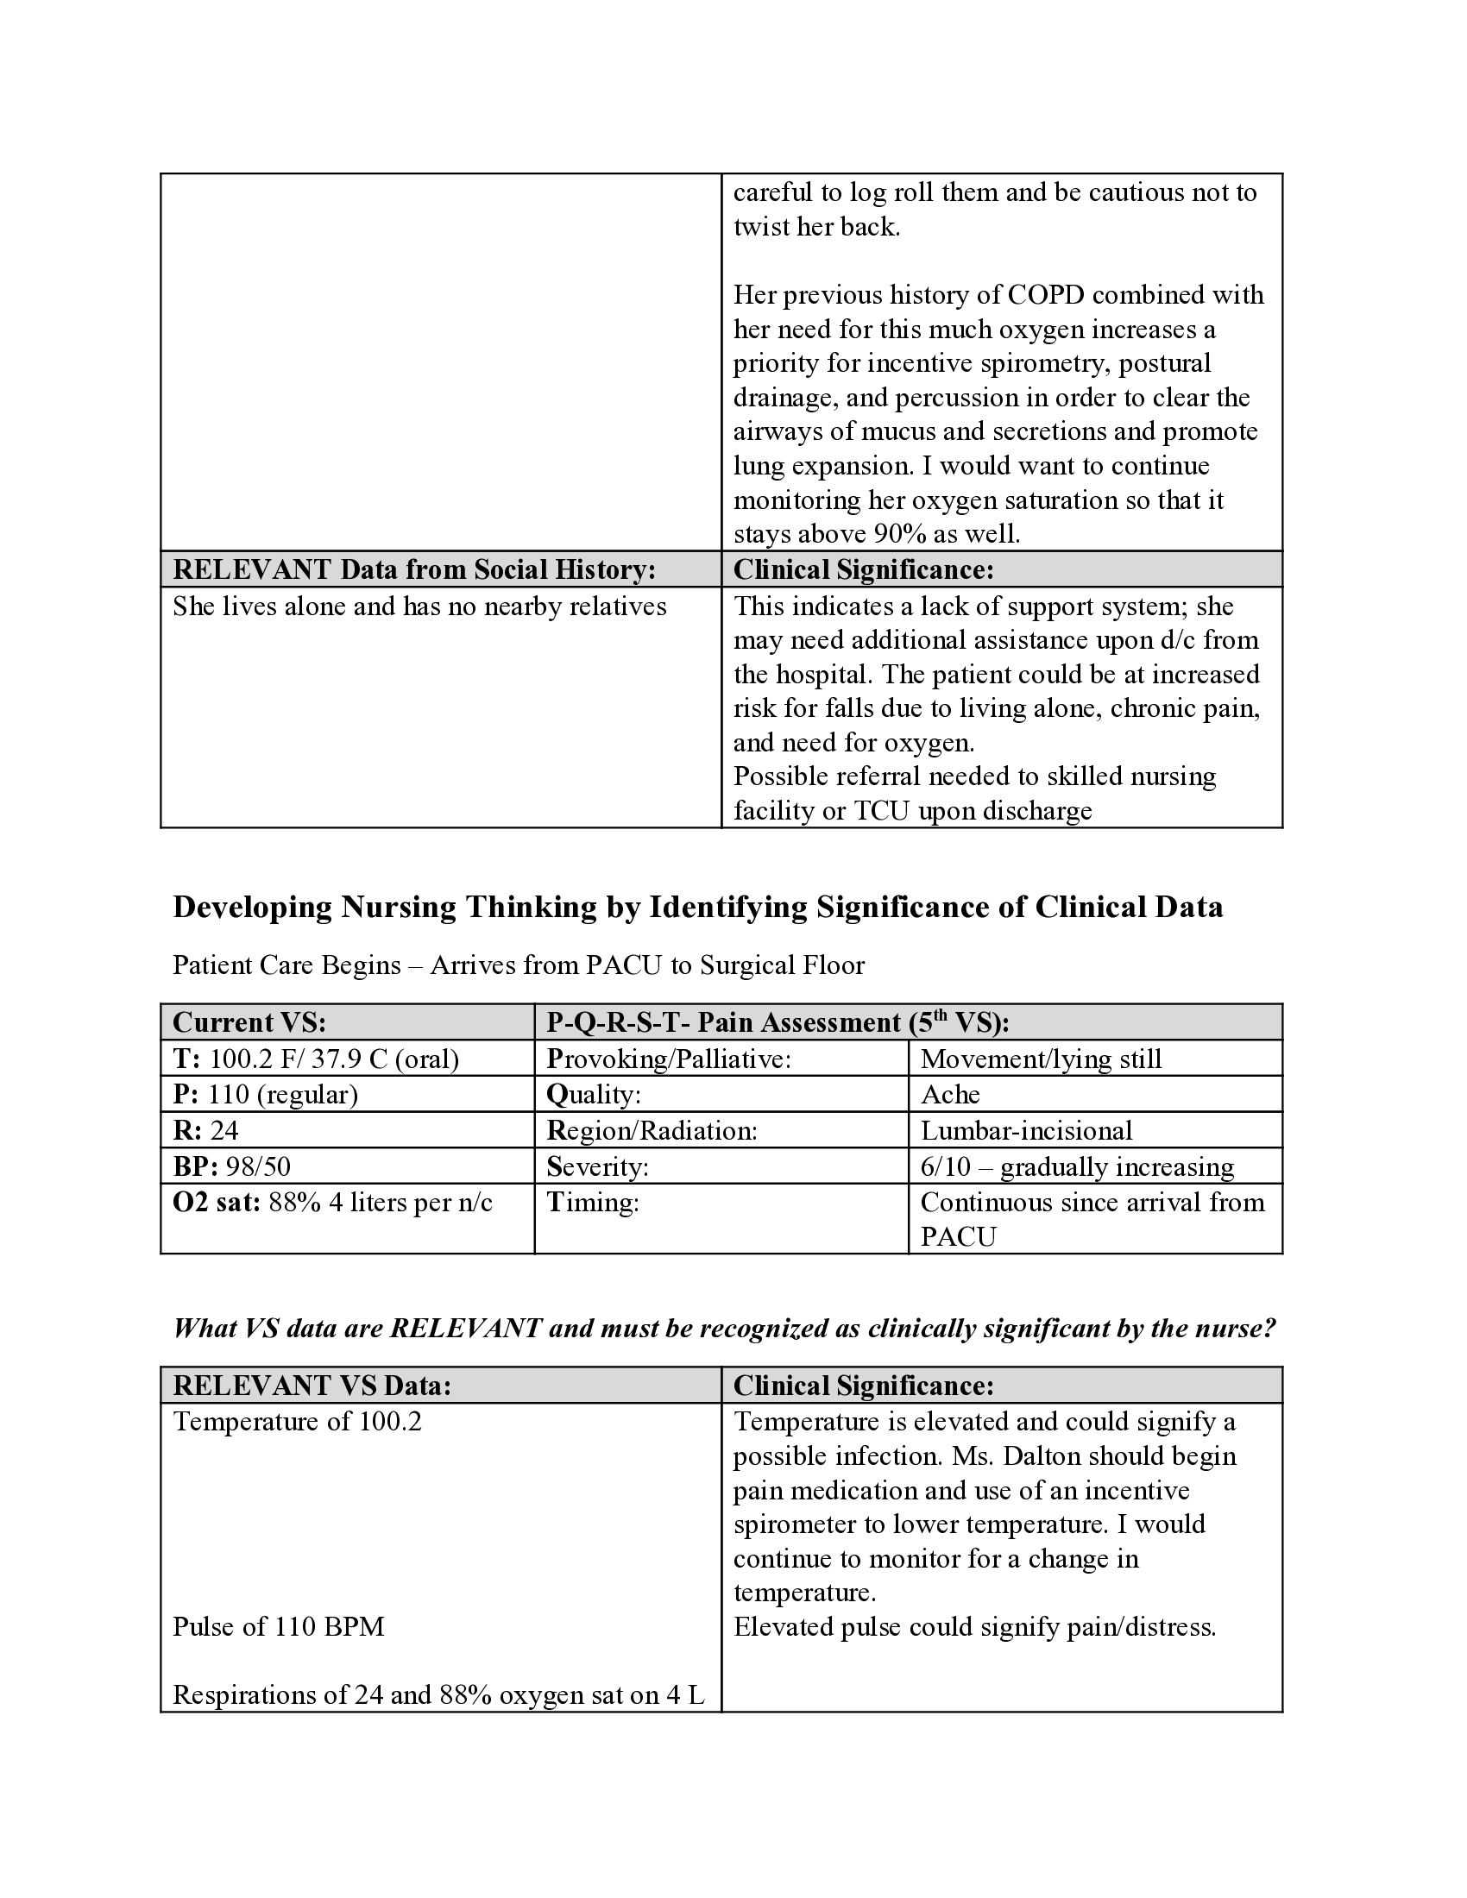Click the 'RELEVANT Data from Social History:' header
click(413, 569)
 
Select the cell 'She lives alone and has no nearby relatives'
click(419, 606)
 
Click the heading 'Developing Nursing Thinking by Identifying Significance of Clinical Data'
click(697, 907)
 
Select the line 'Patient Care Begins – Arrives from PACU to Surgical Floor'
click(518, 965)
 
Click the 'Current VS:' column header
click(249, 1022)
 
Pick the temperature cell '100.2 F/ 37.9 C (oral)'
click(334, 1059)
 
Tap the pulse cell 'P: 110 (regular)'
click(265, 1094)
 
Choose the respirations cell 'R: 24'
click(206, 1130)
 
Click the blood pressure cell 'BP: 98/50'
click(231, 1166)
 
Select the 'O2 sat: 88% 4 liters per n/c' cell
click(332, 1202)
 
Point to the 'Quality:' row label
click(593, 1094)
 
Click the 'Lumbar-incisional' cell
click(1026, 1130)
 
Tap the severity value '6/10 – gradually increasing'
click(1077, 1166)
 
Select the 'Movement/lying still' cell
click(1041, 1059)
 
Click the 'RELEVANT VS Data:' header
click(312, 1386)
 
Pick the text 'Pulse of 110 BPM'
click(278, 1626)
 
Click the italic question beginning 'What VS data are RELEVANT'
click(723, 1328)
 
